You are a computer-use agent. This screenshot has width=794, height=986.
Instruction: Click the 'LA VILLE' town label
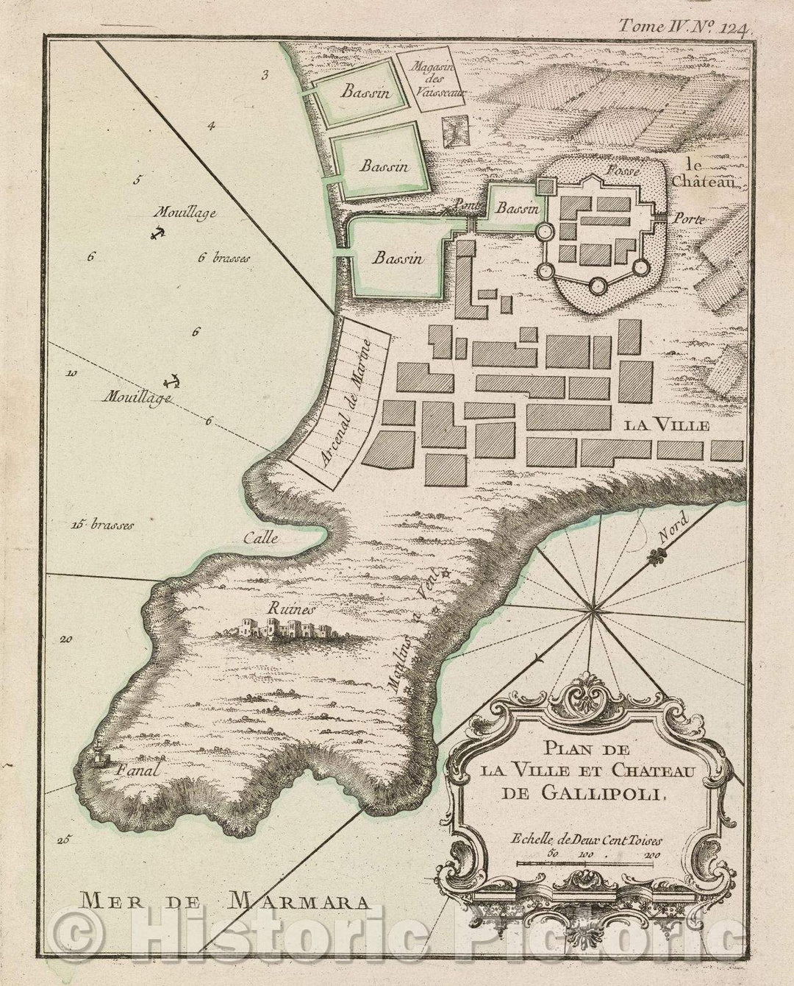pos(667,425)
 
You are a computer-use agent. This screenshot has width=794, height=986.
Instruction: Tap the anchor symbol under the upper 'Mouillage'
pos(156,233)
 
